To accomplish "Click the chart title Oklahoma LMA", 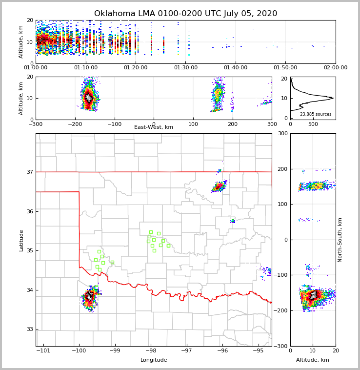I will [x=185, y=14].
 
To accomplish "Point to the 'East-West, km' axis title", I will [x=154, y=127].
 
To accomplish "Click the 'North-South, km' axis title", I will [x=340, y=240].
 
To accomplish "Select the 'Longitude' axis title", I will [x=154, y=360].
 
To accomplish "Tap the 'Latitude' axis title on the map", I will [x=21, y=240].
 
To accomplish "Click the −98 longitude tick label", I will [x=150, y=351].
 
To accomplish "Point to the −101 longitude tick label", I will [x=43, y=351].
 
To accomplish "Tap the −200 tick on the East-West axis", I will [x=75, y=124].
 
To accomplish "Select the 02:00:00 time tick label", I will [x=336, y=68].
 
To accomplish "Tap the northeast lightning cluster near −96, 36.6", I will [x=220, y=186].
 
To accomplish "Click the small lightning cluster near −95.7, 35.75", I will [x=233, y=221].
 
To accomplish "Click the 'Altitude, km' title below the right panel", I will [x=313, y=360].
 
